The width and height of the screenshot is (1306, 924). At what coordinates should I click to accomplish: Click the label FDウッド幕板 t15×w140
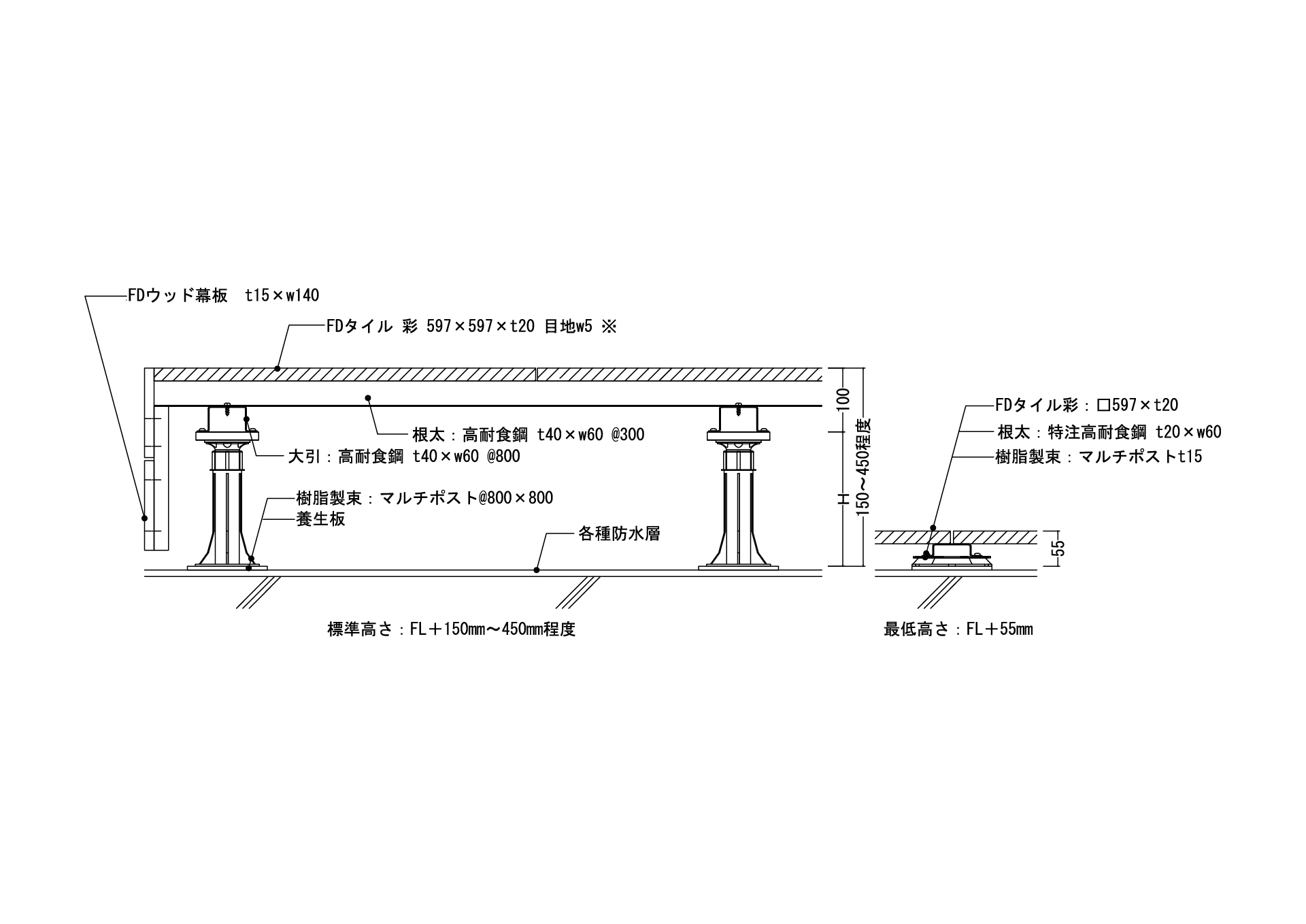point(223,296)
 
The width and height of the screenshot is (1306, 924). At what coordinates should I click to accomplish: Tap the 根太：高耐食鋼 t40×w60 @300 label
point(528,434)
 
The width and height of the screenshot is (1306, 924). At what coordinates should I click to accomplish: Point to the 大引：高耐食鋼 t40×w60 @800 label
point(404,457)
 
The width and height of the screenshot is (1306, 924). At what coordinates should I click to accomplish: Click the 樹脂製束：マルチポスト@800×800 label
point(424,498)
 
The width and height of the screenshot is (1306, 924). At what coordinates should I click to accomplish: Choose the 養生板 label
point(320,519)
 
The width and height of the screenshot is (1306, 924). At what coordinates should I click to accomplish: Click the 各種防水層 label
point(619,533)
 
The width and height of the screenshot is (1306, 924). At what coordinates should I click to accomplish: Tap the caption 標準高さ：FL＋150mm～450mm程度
point(452,629)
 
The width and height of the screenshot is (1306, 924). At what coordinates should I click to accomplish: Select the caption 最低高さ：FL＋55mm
point(958,629)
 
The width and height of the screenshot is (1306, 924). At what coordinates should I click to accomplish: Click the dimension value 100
point(843,399)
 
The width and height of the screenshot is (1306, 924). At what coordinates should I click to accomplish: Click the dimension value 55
point(1058,548)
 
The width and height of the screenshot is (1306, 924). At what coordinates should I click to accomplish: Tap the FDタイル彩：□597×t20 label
point(1086,406)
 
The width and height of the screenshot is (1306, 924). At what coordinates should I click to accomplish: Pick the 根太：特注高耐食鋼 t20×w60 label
point(1109,432)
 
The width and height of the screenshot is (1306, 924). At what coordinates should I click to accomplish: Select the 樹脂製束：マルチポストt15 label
point(1098,457)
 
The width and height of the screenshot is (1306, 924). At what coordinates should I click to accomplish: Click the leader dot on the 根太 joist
point(368,397)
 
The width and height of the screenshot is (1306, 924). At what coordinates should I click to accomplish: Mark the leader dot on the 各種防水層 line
point(537,570)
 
